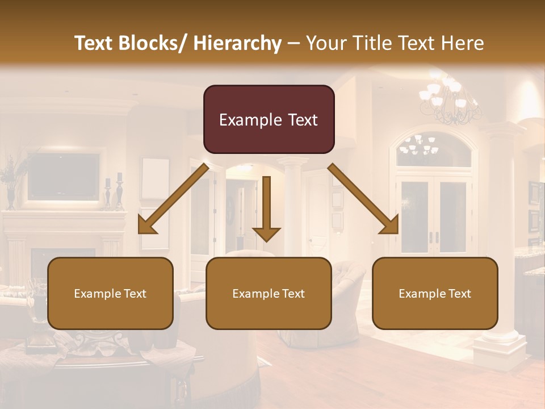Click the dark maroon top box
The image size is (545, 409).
point(269,119)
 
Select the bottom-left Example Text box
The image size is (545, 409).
point(110,293)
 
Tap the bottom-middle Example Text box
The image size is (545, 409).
point(269,293)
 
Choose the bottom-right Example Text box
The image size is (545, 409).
point(435,293)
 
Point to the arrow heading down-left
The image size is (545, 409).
point(174,199)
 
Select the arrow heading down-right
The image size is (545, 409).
point(363,199)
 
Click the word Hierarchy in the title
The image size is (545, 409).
point(237,43)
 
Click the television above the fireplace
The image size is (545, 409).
point(64,176)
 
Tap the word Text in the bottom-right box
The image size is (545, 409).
point(459,294)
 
